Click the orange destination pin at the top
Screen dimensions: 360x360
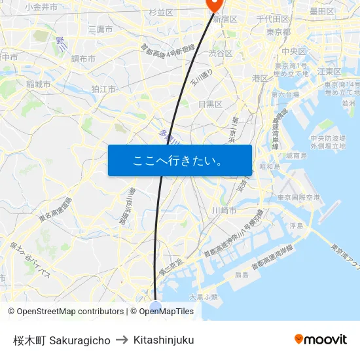pos(214,5)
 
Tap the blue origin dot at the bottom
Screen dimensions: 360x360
pos(155,306)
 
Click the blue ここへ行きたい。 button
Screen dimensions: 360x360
pos(179,160)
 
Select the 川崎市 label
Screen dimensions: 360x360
pos(224,210)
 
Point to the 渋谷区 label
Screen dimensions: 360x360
pos(221,53)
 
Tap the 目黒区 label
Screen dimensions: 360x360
pos(210,104)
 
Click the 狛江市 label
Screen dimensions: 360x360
pos(103,89)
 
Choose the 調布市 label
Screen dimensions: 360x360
pos(83,59)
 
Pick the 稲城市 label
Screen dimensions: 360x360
pos(39,84)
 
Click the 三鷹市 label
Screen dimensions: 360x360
pos(100,29)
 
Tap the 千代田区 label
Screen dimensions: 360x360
pos(272,19)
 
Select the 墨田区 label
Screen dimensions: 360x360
pos(322,11)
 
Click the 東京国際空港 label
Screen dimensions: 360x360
pos(298,197)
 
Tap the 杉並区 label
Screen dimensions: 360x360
pos(160,12)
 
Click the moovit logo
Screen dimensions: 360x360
pos(320,339)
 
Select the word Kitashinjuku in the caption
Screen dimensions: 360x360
pos(164,340)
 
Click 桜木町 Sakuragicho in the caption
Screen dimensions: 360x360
pos(62,340)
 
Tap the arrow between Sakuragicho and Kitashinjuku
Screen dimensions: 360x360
pos(122,340)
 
